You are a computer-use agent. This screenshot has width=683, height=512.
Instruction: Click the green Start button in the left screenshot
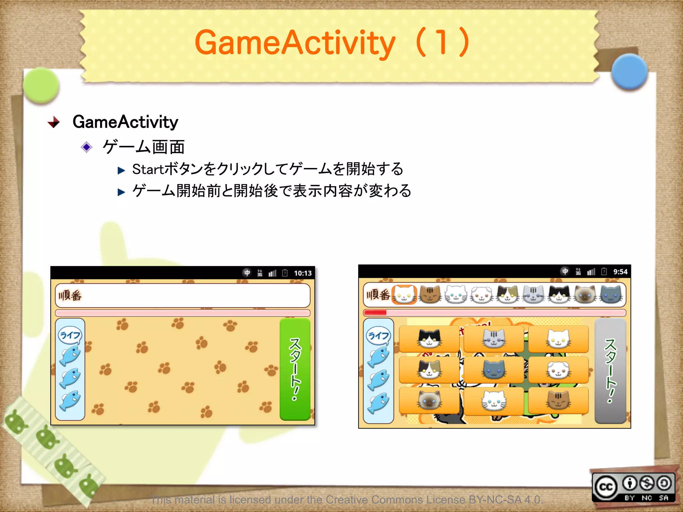click(x=295, y=369)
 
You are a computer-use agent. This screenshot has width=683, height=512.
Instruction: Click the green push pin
click(x=41, y=85)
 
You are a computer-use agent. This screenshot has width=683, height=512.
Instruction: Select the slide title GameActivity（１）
click(x=333, y=43)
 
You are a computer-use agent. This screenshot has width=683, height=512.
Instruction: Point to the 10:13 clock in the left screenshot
click(x=302, y=273)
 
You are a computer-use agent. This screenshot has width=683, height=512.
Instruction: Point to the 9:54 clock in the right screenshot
click(x=620, y=272)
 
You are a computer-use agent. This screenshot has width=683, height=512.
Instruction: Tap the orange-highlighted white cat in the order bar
click(x=404, y=295)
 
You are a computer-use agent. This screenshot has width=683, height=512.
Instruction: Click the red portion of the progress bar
click(x=375, y=313)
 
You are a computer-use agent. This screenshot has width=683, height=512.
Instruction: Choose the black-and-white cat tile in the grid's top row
click(x=429, y=339)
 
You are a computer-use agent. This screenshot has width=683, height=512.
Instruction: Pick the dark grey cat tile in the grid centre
click(x=494, y=369)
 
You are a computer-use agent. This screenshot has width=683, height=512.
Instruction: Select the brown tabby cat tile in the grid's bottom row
click(x=558, y=400)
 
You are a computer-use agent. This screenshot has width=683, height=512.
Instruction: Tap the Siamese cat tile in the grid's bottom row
click(x=429, y=400)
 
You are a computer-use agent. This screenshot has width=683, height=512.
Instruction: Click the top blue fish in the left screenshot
click(x=70, y=355)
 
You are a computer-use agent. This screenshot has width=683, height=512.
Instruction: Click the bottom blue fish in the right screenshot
click(x=378, y=403)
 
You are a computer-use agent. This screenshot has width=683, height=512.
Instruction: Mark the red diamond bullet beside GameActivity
click(x=54, y=122)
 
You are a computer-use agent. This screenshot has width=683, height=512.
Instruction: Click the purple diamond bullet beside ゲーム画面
click(x=87, y=147)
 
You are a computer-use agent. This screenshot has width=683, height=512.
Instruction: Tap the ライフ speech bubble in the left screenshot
click(x=70, y=335)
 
